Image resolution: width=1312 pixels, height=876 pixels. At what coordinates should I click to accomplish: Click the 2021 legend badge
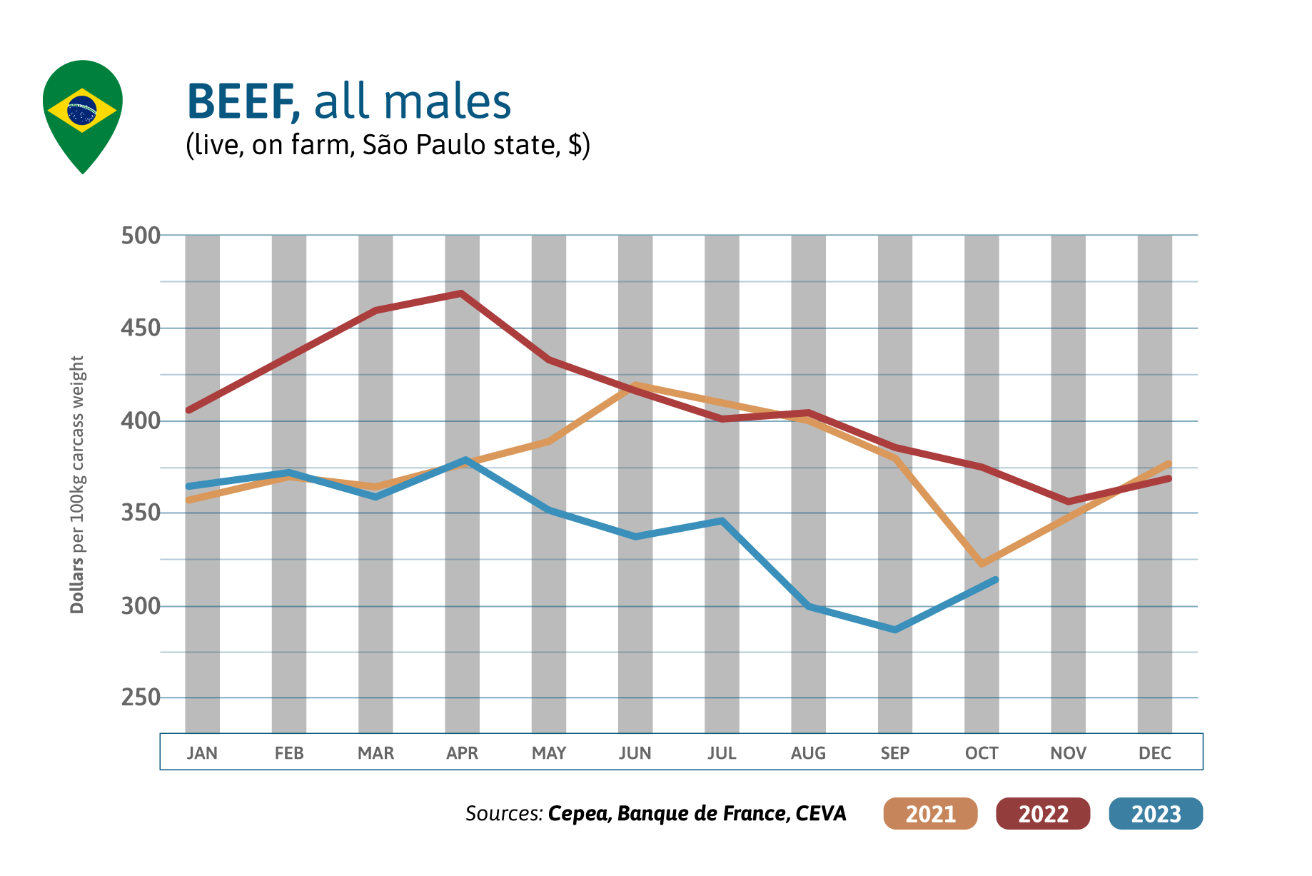click(x=930, y=813)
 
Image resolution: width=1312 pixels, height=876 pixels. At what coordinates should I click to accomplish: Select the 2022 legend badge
click(x=1043, y=813)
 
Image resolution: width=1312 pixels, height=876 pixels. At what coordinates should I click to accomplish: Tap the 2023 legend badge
click(x=1156, y=813)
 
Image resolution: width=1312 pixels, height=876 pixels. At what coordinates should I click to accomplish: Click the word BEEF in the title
click(x=241, y=101)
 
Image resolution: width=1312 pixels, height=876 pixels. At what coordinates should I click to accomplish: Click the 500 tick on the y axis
click(x=141, y=236)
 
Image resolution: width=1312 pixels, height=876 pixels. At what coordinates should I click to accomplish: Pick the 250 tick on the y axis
click(x=141, y=698)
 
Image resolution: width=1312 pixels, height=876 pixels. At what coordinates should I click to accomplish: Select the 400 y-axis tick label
click(x=141, y=421)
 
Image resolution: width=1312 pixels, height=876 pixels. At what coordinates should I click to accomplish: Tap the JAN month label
click(x=202, y=752)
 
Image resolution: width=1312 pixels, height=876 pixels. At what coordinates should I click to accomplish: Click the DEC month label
click(x=1154, y=752)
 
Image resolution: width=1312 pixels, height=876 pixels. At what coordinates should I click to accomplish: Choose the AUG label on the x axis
click(x=808, y=752)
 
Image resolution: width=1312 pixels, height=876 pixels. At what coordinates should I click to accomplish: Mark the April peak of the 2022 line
click(x=461, y=293)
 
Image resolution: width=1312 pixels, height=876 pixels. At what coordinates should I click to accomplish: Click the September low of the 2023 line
click(x=895, y=630)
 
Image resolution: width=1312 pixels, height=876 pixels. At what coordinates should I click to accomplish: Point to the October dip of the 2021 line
click(x=982, y=564)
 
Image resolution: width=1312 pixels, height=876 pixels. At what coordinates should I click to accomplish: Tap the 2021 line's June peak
click(x=635, y=386)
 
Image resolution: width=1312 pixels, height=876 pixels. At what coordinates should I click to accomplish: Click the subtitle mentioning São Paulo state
click(x=388, y=145)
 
